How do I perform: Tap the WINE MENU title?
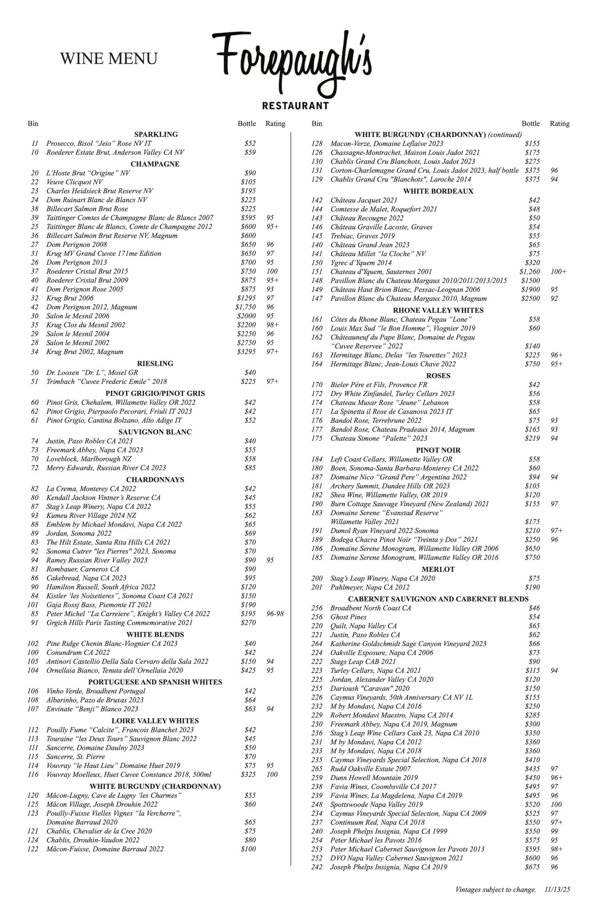pos(108,59)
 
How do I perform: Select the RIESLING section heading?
pos(155,363)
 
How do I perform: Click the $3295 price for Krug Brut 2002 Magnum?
pos(246,352)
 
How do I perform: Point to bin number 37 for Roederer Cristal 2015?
pos(35,271)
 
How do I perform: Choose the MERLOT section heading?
pos(438,569)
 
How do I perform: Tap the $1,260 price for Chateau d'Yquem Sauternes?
pos(529,272)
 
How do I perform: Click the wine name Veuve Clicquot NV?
pos(75,182)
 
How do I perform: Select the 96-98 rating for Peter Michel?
pos(275,614)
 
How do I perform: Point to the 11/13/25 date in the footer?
pos(557,890)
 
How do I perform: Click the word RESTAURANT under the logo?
pos(295,106)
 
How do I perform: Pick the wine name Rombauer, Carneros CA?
pos(83,569)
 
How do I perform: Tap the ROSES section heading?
pos(438,376)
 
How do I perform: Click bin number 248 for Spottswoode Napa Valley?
pos(317,805)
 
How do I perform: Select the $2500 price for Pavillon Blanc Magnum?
pos(530,299)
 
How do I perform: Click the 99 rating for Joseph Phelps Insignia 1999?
pos(554,831)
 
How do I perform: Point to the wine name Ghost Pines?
pos(348,617)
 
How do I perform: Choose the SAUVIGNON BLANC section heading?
pos(155,432)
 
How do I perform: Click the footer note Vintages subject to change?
pos(495,890)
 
